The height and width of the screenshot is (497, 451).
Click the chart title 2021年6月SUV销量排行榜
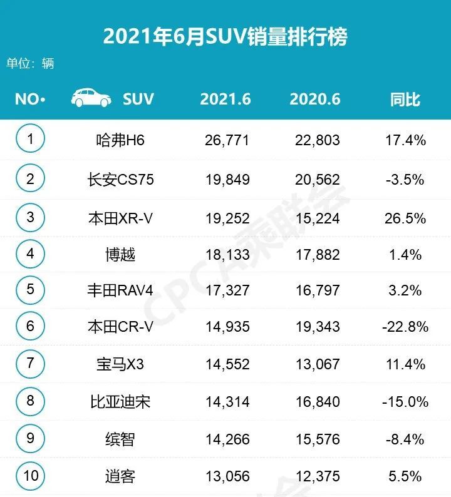click(225, 36)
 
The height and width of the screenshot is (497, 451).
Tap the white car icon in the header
click(91, 98)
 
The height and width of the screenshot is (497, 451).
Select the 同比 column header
click(405, 99)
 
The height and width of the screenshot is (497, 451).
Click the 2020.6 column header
click(315, 99)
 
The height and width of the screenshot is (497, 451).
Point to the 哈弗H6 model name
click(117, 140)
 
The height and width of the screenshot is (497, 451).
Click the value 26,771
click(227, 140)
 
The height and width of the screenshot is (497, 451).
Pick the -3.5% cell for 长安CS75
click(405, 180)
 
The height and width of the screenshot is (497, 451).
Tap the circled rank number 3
click(30, 217)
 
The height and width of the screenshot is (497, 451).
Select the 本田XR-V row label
click(121, 218)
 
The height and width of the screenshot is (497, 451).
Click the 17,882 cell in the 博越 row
click(318, 255)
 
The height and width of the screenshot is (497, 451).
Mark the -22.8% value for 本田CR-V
click(405, 327)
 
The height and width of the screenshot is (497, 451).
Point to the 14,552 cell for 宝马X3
click(227, 364)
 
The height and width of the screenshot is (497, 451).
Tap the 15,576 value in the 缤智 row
click(318, 439)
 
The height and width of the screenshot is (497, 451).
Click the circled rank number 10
click(30, 475)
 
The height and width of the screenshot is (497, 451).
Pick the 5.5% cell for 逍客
click(405, 476)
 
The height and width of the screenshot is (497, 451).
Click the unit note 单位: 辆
click(30, 63)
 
